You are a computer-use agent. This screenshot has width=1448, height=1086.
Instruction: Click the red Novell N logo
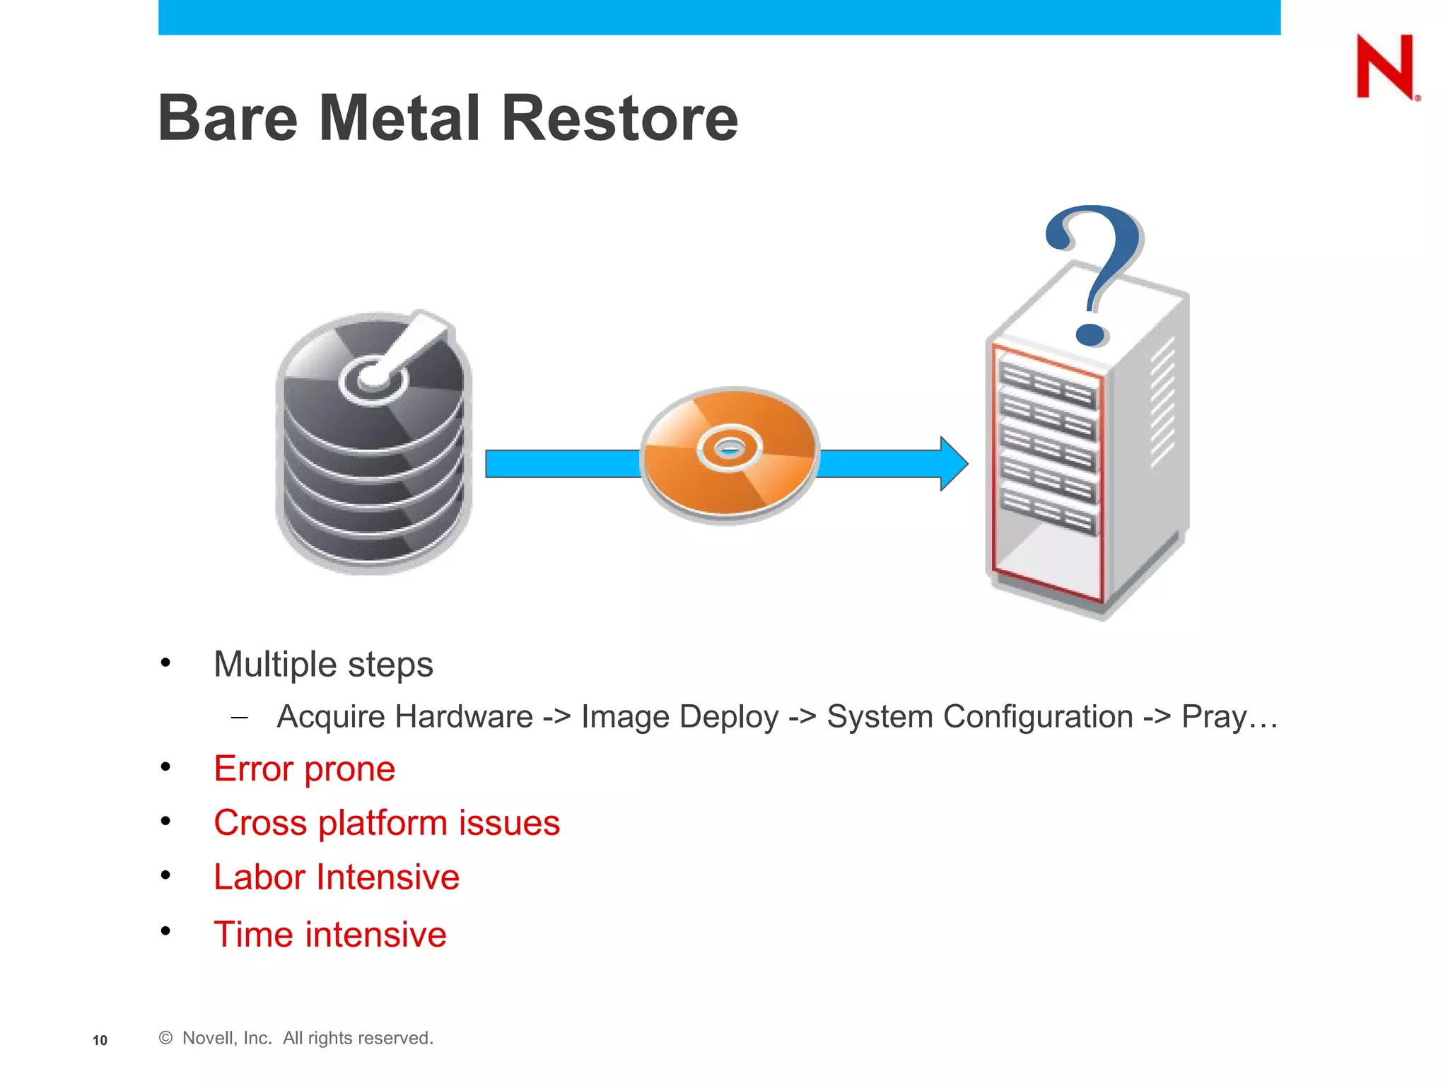click(1384, 67)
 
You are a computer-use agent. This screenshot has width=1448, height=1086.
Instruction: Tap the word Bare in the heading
click(228, 118)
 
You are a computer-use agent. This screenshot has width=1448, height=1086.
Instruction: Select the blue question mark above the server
click(1094, 272)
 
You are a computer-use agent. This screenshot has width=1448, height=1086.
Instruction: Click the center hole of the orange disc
click(729, 448)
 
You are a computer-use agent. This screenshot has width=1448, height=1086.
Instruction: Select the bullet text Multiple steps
click(323, 665)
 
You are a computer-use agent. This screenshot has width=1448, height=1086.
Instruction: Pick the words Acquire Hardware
click(404, 717)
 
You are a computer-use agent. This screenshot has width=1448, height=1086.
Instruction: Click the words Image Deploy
click(679, 717)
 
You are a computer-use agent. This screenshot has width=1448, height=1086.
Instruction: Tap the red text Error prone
click(304, 769)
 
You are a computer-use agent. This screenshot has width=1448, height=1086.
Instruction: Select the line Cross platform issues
click(387, 823)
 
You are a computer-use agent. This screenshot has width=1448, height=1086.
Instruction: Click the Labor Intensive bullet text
click(337, 877)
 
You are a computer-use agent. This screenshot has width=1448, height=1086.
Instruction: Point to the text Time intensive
click(330, 934)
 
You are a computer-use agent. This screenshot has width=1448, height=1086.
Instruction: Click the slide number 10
click(100, 1040)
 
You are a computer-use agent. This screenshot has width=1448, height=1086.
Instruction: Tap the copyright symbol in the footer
click(166, 1038)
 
